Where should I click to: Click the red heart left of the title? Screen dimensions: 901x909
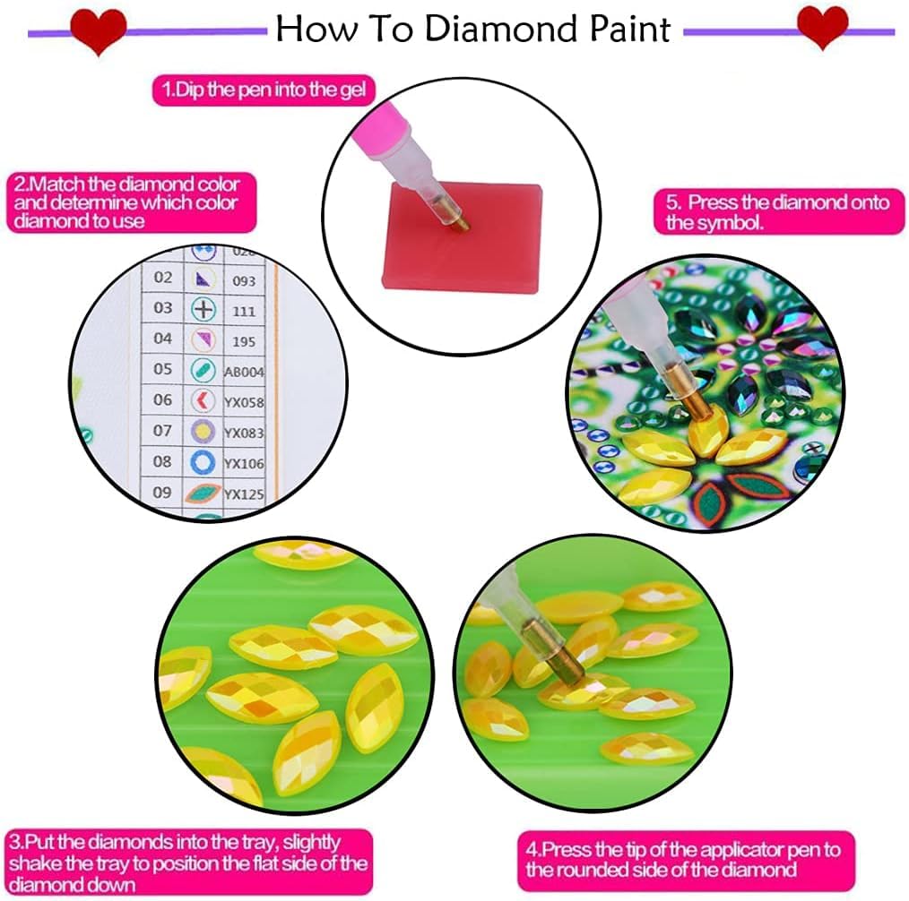(x=99, y=31)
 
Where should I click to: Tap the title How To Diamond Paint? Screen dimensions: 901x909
(x=472, y=29)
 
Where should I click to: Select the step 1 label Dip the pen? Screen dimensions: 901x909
(x=264, y=90)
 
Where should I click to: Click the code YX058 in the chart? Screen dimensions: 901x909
(x=244, y=402)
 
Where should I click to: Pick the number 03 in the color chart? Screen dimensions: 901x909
(x=162, y=308)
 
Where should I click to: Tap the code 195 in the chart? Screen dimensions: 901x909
(x=243, y=341)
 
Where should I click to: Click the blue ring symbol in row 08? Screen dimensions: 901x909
(x=204, y=462)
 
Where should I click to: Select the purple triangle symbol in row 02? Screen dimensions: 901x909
(x=204, y=279)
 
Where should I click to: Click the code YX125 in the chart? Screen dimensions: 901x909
(x=243, y=493)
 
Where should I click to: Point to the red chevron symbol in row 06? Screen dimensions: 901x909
(x=203, y=401)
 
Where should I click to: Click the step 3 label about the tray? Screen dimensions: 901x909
(x=189, y=862)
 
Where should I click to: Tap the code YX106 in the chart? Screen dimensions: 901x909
(x=244, y=462)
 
